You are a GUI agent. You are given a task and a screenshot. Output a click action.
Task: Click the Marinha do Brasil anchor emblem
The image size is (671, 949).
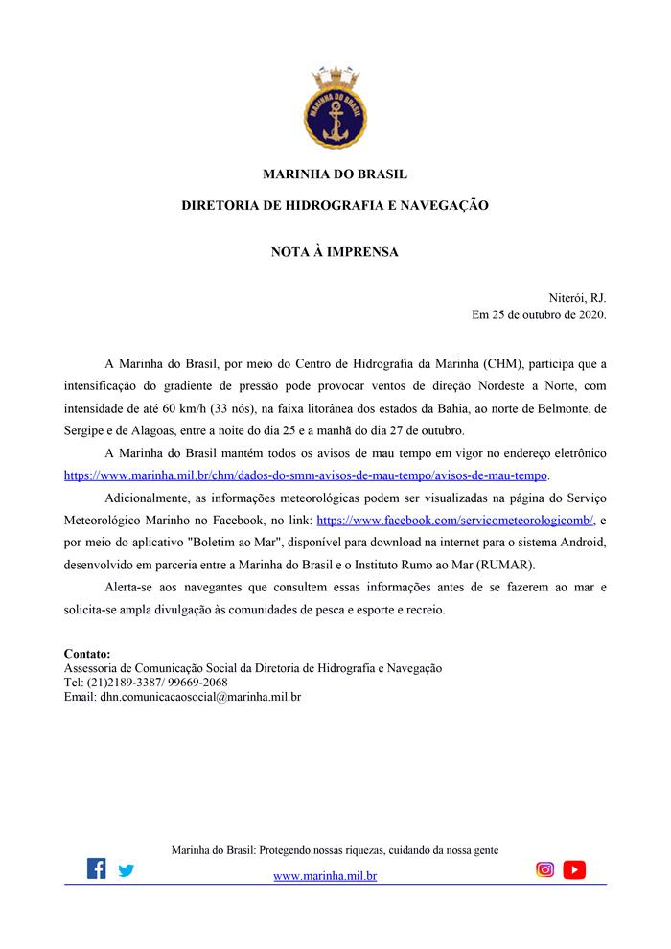[x=335, y=108]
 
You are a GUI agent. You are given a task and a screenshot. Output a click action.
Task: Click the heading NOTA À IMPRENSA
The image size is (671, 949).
[x=335, y=253]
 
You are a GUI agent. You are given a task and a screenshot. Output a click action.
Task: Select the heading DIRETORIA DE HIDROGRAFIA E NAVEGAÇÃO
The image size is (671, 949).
[x=335, y=205]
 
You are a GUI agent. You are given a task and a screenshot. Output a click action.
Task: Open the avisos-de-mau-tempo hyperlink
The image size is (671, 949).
[x=305, y=475]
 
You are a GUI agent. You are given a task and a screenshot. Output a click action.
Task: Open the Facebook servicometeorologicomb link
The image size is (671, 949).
[x=455, y=520]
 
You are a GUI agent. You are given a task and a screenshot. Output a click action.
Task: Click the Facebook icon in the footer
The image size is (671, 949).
[x=97, y=868]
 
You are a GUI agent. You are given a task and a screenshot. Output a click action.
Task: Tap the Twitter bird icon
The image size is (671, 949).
[x=127, y=870]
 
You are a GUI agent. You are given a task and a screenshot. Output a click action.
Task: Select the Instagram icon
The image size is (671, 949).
[x=544, y=869]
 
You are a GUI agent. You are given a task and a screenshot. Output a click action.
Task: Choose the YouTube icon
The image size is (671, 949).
[x=574, y=869]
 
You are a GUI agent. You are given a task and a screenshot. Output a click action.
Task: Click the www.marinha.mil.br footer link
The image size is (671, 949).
[x=325, y=876]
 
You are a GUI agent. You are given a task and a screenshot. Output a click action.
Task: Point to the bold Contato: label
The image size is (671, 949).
[x=87, y=654]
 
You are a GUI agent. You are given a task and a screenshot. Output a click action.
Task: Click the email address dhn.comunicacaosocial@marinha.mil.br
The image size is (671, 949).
[x=200, y=697]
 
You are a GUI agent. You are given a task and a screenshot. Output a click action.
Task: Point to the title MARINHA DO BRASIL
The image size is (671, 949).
[x=335, y=174]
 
